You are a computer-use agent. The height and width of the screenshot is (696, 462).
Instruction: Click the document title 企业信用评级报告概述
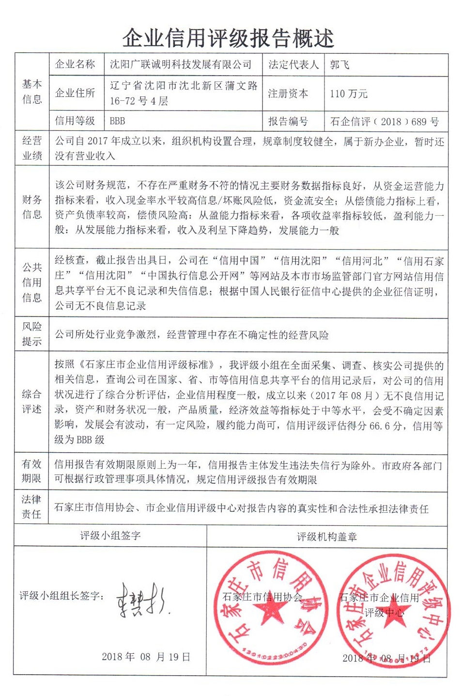228,38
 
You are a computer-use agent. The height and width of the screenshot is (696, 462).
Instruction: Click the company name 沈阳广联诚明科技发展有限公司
181,64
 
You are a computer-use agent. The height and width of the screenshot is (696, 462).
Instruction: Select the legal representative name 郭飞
339,64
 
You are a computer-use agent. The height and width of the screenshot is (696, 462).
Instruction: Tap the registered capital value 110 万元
349,94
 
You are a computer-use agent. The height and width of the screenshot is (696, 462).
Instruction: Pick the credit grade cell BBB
118,121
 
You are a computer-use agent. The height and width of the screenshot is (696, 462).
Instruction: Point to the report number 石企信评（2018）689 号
384,121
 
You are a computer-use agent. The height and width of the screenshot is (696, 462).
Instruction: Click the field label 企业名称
75,64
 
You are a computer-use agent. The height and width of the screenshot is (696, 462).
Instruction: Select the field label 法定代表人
293,64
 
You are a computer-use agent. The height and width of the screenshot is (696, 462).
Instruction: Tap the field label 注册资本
288,94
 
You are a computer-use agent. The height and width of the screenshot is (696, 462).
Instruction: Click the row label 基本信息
32,92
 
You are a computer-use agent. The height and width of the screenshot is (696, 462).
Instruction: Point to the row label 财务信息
32,207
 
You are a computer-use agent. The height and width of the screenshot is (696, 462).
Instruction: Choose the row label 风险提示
32,333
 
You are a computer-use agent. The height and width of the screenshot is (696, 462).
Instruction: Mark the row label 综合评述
32,401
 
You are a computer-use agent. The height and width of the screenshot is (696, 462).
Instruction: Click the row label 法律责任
32,506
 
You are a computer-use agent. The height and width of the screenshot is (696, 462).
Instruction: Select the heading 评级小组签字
110,536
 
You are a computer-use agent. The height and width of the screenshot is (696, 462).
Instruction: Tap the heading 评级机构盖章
327,537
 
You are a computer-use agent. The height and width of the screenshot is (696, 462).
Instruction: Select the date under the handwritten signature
146,657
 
